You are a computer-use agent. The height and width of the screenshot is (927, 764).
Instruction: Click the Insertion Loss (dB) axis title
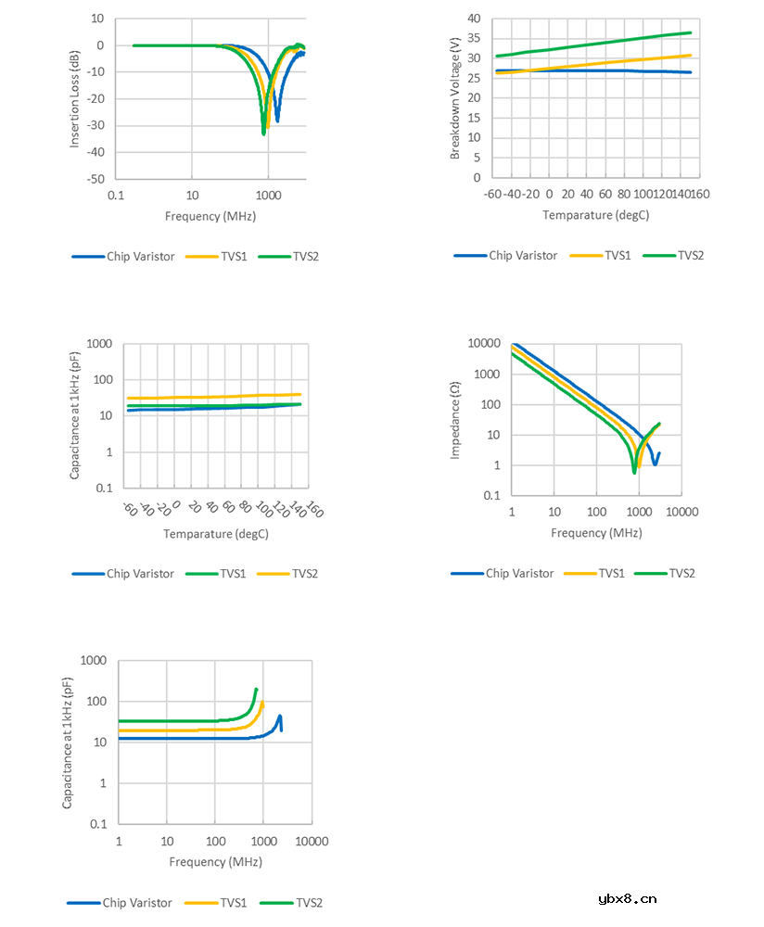(x=75, y=99)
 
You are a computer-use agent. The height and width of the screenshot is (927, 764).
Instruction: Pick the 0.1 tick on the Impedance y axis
(x=492, y=496)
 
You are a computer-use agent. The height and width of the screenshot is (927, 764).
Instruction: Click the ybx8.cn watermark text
(x=628, y=897)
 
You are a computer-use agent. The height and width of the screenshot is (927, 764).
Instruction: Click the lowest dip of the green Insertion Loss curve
(x=263, y=133)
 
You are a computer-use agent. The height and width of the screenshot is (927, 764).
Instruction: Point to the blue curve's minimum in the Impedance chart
(x=655, y=463)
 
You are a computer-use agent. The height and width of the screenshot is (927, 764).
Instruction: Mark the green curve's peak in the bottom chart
(x=256, y=690)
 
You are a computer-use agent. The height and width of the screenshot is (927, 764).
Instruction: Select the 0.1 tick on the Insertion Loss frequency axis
(x=115, y=196)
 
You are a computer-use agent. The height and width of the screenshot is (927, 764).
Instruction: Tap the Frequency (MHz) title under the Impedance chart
(x=596, y=533)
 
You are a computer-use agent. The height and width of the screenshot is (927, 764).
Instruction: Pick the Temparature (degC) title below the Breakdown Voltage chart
(x=596, y=215)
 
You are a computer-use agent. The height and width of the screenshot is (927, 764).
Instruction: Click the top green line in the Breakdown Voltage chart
(x=593, y=44)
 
